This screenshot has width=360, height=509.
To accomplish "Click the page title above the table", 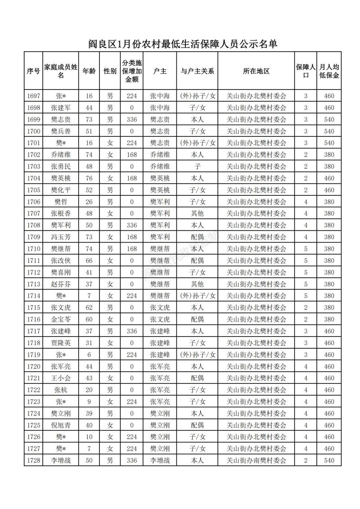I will (182, 44).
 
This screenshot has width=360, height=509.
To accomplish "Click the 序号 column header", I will (34, 71).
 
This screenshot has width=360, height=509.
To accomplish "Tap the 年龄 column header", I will (89, 71).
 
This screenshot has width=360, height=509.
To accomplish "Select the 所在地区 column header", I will (256, 71).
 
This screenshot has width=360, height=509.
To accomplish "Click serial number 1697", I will (34, 96).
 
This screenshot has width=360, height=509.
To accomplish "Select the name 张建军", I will (61, 108).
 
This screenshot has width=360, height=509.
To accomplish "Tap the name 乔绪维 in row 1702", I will (61, 154).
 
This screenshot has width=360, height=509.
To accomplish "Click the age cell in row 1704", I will (89, 178).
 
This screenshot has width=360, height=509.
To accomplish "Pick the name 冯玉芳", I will (61, 237).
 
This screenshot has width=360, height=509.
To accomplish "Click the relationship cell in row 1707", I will (197, 213).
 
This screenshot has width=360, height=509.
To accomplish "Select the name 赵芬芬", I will (61, 284).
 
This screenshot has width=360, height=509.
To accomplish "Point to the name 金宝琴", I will (61, 319).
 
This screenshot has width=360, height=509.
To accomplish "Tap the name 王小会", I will (61, 378).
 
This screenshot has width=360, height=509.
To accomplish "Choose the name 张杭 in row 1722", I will (61, 390).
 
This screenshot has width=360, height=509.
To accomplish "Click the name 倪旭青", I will (61, 425).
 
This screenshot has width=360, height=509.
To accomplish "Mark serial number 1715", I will (34, 307).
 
